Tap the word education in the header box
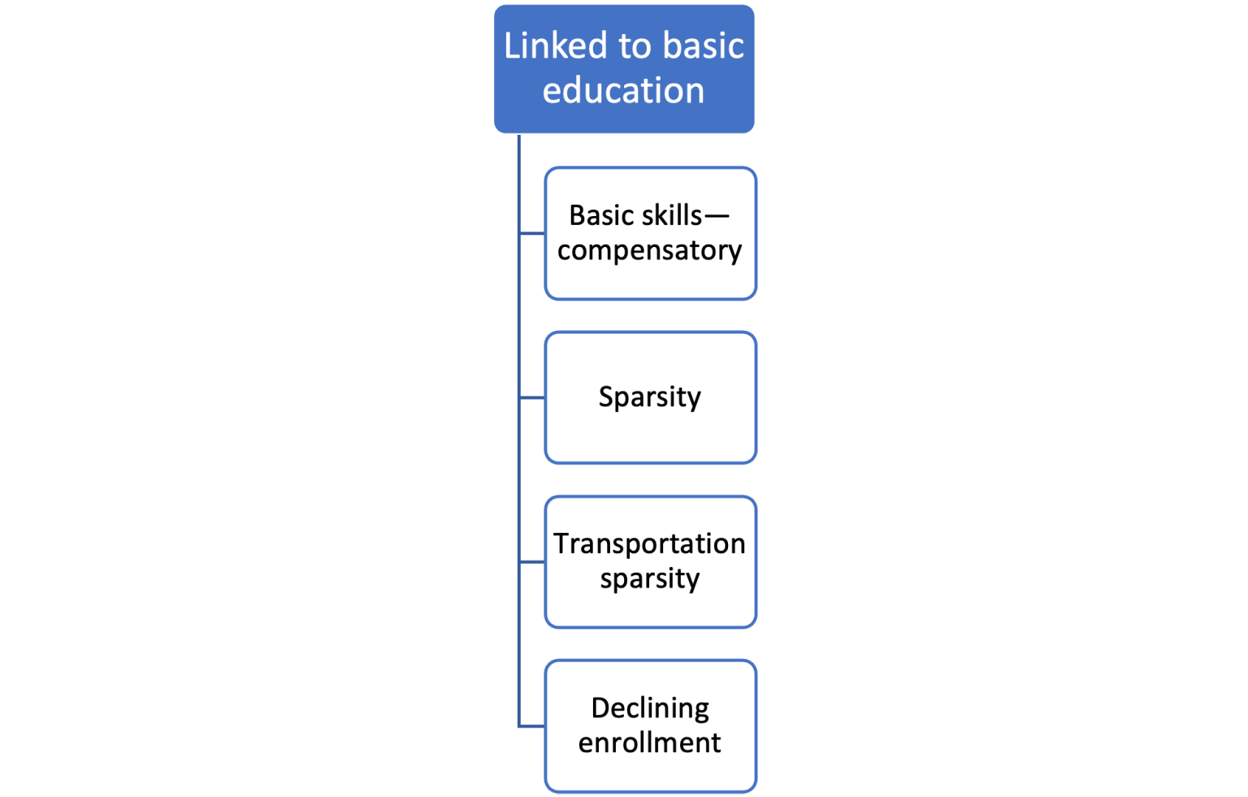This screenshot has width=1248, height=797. point(623,90)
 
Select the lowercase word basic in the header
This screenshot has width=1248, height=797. point(703,45)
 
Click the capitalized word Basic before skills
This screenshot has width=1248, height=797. point(601,215)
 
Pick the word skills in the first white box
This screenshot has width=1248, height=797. point(670,215)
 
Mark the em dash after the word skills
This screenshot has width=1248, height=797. point(717,216)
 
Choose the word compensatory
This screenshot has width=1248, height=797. point(649,251)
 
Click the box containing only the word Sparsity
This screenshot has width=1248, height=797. point(650,431)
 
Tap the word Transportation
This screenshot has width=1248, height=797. point(649,544)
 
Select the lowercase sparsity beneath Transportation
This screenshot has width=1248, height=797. point(649,579)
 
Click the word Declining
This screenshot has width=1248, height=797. point(650,708)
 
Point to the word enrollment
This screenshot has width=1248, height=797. point(649,743)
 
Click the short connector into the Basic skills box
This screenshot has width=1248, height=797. point(531,233)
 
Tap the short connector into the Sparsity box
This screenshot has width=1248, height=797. point(531,397)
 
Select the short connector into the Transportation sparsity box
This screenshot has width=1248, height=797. point(531,561)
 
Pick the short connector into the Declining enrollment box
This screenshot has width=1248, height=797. point(531,726)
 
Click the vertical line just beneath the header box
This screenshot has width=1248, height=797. point(518,154)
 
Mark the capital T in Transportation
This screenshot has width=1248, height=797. point(561,544)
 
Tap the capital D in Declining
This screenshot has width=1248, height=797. point(600,708)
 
